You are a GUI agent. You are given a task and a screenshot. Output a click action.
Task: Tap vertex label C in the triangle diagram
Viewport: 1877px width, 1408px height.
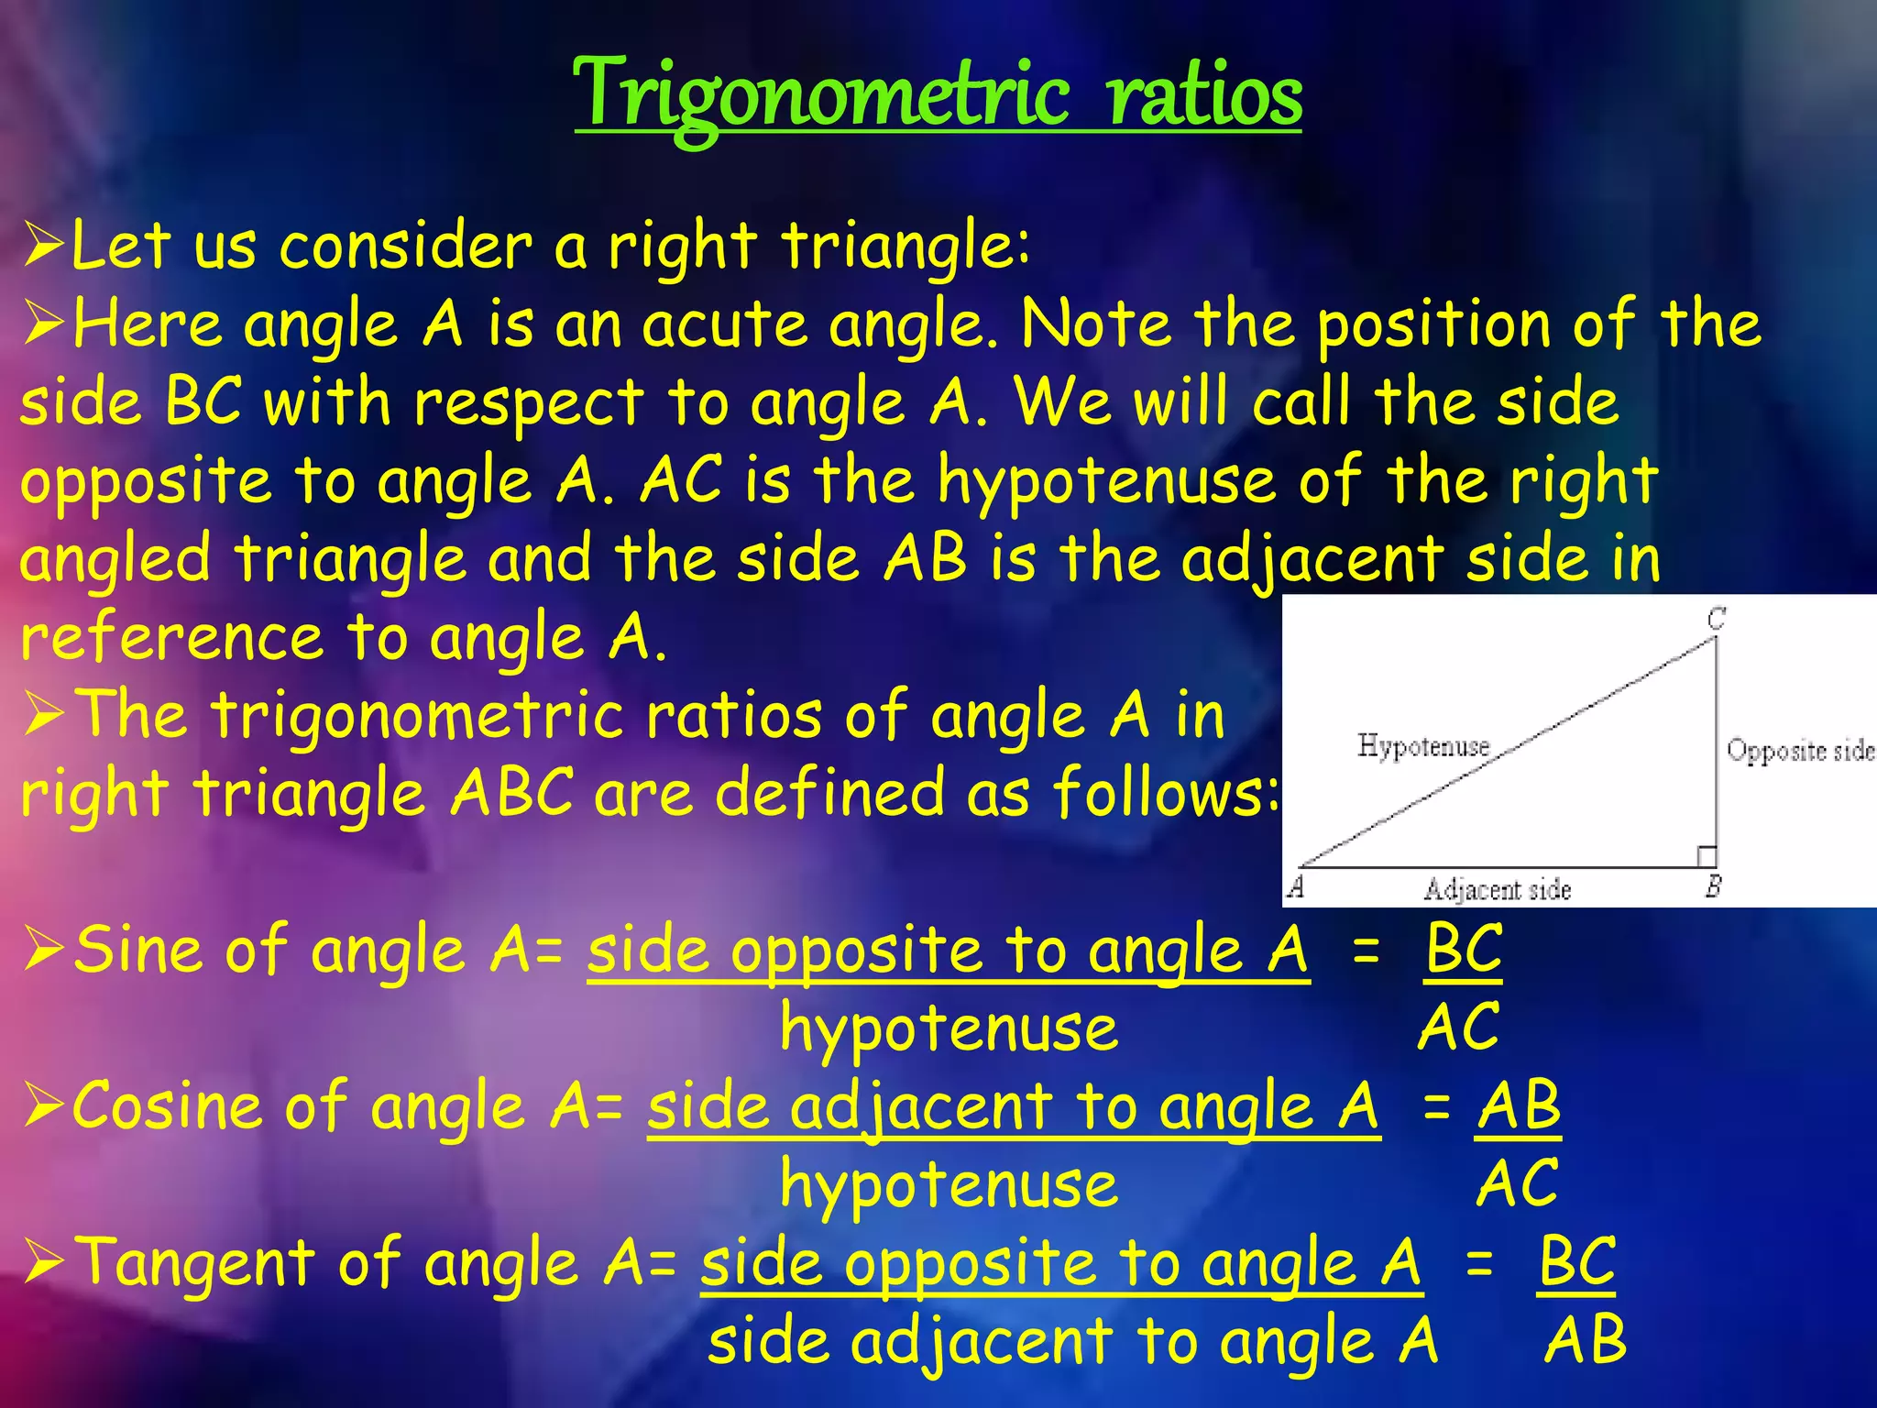(x=1717, y=619)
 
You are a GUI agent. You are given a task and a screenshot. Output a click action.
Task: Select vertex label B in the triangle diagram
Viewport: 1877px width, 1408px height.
(x=1714, y=885)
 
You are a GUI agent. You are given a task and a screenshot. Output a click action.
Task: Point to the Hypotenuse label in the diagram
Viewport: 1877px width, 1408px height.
(x=1423, y=746)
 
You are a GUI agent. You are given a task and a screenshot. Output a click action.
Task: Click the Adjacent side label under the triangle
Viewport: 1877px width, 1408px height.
(x=1497, y=889)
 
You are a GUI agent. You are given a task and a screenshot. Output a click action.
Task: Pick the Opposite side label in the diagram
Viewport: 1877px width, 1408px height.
(x=1800, y=751)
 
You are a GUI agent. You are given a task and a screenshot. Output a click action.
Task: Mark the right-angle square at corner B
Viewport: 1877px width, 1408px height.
(x=1706, y=856)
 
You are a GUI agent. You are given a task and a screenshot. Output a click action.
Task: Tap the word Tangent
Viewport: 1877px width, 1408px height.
(x=194, y=1263)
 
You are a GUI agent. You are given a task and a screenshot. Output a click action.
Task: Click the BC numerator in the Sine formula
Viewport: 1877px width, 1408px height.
(x=1464, y=950)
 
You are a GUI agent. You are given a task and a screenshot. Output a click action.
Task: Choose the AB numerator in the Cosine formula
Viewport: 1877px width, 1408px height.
(x=1519, y=1106)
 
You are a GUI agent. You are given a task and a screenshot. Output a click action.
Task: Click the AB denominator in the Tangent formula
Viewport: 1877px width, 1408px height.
(x=1585, y=1340)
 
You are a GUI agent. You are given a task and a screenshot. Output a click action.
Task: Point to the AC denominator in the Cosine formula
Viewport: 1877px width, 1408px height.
(x=1517, y=1183)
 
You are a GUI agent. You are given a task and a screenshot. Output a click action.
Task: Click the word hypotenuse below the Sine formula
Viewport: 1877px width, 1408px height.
(x=949, y=1028)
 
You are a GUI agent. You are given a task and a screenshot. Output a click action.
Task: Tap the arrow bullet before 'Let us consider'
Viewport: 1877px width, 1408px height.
(x=43, y=246)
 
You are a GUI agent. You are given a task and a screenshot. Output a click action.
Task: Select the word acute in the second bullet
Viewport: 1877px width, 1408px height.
(x=724, y=325)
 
